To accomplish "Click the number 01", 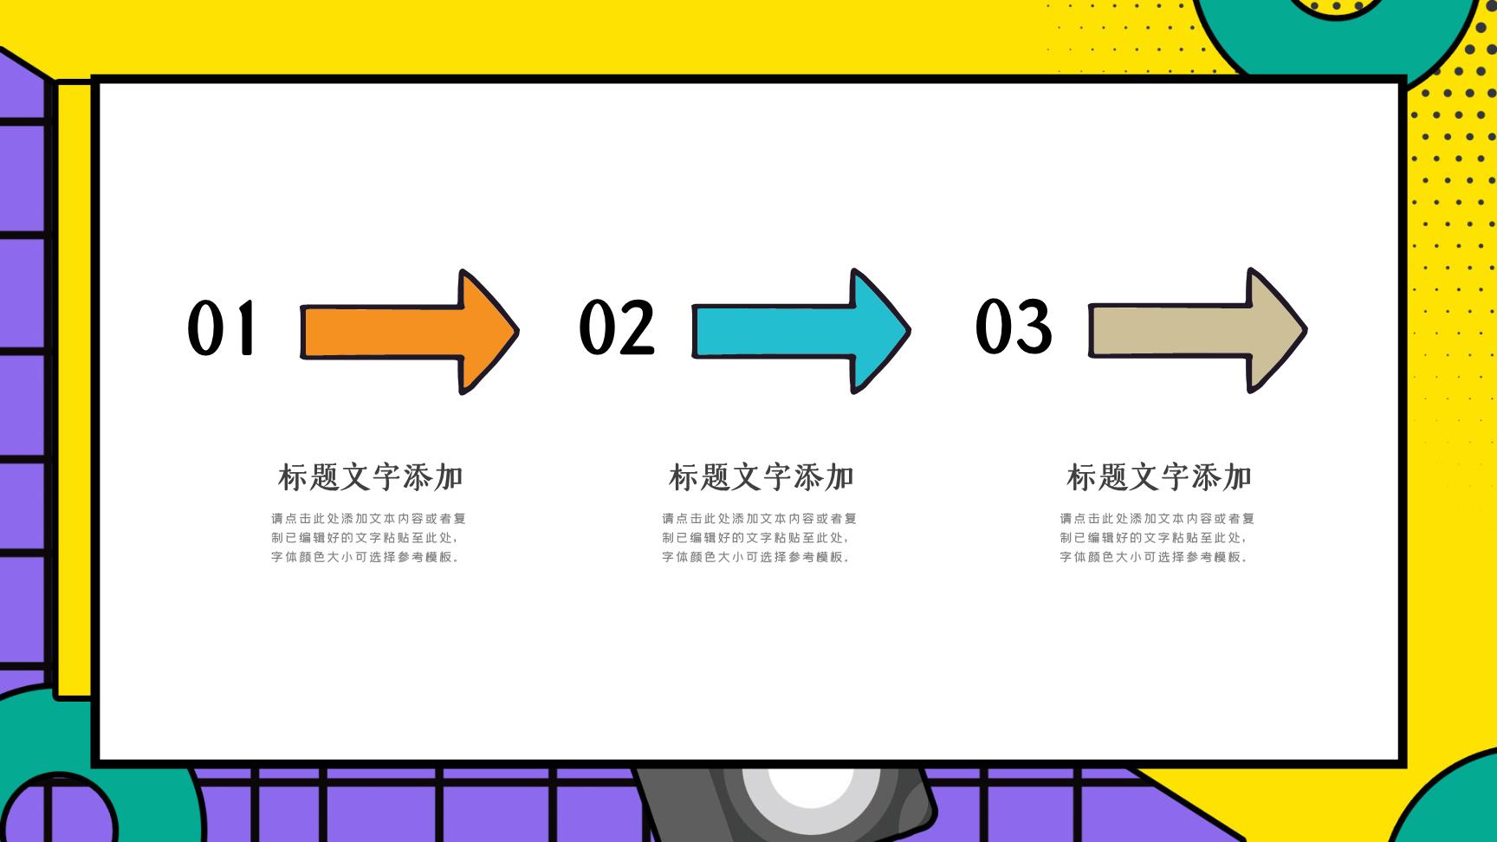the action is point(222,327).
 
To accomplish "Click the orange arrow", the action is point(409,332).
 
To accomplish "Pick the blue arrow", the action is point(800,331).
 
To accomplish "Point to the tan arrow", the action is point(1197,330).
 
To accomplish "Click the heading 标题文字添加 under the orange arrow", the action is point(370,477).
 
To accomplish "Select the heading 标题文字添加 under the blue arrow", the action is point(761,477).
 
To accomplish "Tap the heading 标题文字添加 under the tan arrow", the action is point(1159,477).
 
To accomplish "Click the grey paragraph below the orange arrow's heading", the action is point(368,538).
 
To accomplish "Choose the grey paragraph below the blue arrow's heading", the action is point(759,538).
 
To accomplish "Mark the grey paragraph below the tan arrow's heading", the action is point(1157,538).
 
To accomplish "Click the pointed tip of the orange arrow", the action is point(518,331).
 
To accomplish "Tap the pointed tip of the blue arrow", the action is point(910,330).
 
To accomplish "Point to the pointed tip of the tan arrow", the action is point(1306,329).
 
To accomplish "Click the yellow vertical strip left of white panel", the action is point(75,390).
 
